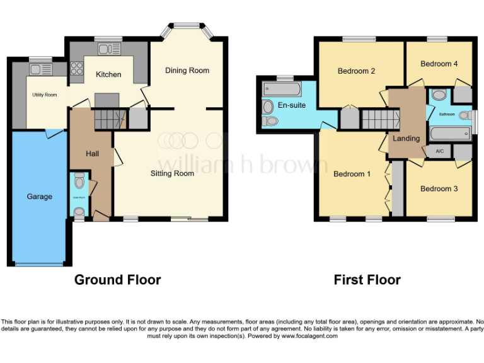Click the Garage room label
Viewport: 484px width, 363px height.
(x=39, y=197)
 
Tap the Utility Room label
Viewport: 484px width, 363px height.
(x=45, y=95)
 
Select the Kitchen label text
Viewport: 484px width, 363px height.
(x=108, y=74)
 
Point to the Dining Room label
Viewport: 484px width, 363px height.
(x=187, y=70)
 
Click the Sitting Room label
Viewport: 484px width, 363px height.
(x=172, y=173)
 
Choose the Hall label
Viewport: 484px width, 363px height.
(x=93, y=154)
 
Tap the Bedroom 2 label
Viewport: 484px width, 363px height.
(x=356, y=71)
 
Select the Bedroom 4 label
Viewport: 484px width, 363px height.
(x=439, y=64)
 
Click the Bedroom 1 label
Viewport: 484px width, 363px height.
(x=352, y=174)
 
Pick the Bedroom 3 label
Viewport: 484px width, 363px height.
(x=439, y=188)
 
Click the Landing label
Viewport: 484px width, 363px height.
(x=406, y=139)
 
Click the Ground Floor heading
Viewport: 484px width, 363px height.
(x=118, y=279)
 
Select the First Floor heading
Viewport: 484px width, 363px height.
(x=367, y=279)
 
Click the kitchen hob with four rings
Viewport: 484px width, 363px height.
(x=77, y=67)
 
